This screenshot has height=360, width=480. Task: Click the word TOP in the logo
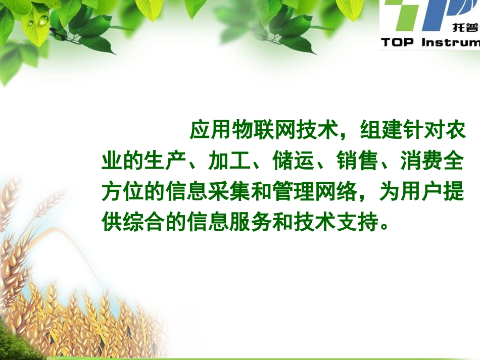(x=399, y=42)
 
